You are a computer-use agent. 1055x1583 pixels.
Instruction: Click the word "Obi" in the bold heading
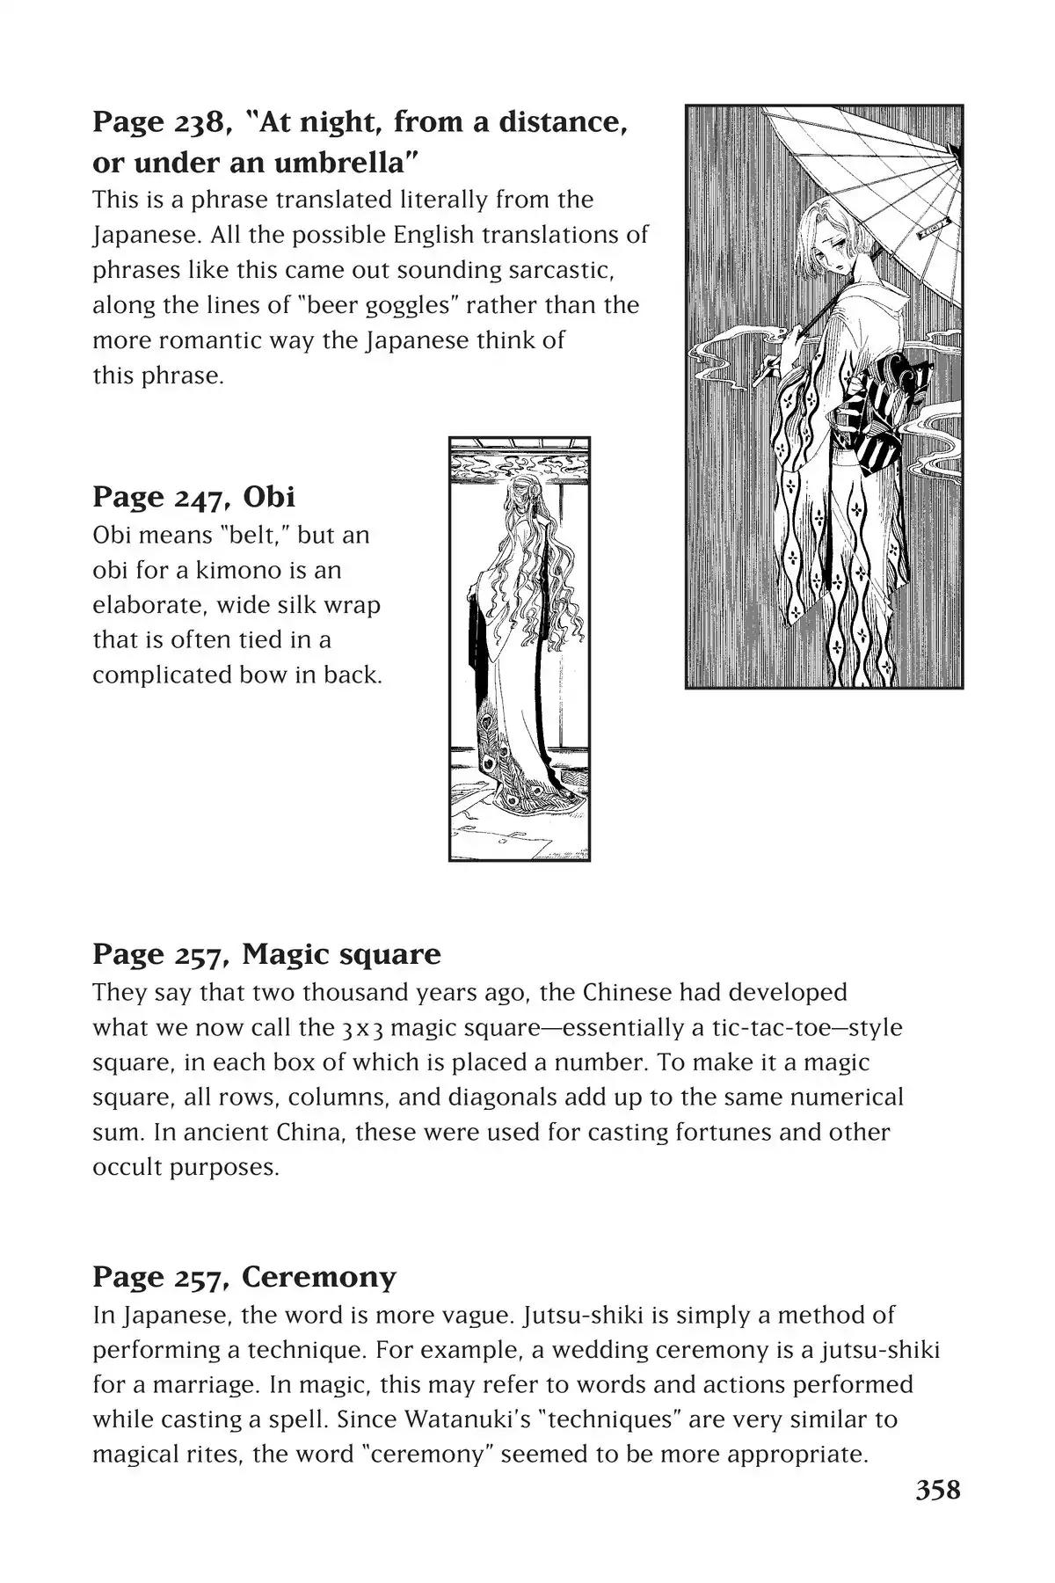click(268, 497)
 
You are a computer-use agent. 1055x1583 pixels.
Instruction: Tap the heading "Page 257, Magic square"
click(266, 953)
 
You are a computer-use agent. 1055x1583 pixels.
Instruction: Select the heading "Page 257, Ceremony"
click(244, 1276)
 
